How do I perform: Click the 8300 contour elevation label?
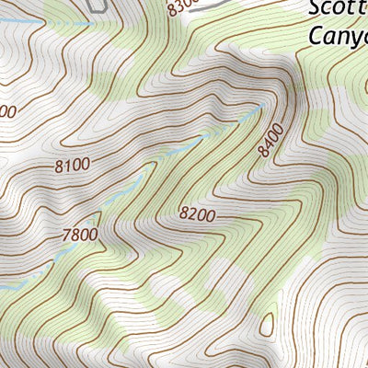tap(182, 7)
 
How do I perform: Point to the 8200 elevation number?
tap(196, 214)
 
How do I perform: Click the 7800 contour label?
tap(79, 235)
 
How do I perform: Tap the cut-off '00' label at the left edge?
tap(7, 111)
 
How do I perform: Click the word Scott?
tap(338, 10)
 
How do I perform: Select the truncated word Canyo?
tap(338, 36)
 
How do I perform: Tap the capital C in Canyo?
tap(316, 36)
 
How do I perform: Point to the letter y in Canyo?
tap(349, 39)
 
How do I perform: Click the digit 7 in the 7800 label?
tap(66, 235)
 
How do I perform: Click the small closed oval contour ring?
tap(267, 323)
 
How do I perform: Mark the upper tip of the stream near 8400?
tap(259, 109)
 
